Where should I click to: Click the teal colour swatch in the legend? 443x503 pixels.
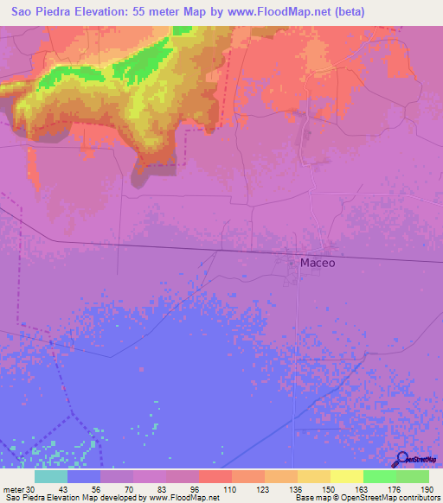pyautogui.click(x=51, y=476)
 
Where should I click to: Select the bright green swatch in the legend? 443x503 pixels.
pyautogui.click(x=379, y=476)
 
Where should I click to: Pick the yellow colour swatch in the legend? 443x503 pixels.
pyautogui.click(x=346, y=476)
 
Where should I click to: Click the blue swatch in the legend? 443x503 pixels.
pyautogui.click(x=84, y=476)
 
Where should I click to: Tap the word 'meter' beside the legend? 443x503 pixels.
pyautogui.click(x=12, y=488)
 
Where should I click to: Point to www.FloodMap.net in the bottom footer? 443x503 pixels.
pyautogui.click(x=183, y=498)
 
